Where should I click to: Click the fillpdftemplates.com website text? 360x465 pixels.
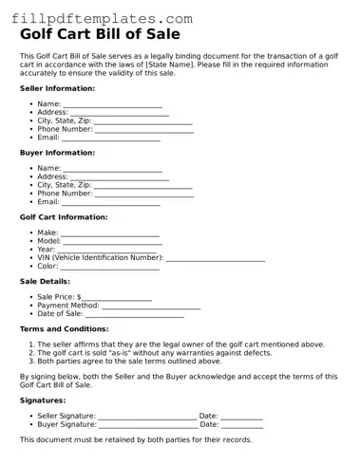[x=96, y=17]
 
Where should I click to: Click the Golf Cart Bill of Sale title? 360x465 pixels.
[x=104, y=34]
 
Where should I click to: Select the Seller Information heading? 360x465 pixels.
[x=57, y=88]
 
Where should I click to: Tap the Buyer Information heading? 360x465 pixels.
[x=57, y=153]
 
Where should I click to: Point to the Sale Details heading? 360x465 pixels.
[x=45, y=282]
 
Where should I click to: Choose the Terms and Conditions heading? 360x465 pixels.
[x=64, y=328]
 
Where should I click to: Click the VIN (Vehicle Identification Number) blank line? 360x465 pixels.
[x=216, y=259]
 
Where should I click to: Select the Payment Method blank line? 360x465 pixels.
[x=151, y=307]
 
